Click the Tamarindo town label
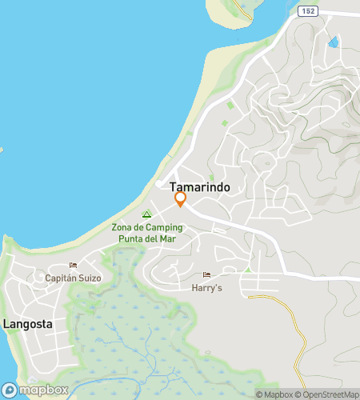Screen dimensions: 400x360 point(199,186)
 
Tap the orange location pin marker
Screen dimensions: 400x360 point(181,199)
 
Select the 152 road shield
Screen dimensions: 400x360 point(308,11)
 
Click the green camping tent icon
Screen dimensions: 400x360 point(146,214)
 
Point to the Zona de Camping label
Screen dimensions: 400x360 point(147,227)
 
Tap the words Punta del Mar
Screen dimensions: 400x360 point(147,238)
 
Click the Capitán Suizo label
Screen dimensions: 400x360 point(73,278)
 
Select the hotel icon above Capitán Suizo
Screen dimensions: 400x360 point(73,266)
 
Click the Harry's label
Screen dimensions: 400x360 point(207,287)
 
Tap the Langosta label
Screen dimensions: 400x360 point(27,325)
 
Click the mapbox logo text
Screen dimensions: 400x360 point(43,390)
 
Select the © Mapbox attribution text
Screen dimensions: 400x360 point(274,394)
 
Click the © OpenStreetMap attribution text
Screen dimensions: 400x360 point(327,394)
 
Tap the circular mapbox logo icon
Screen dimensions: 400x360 point(10,390)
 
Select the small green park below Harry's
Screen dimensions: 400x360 point(247,270)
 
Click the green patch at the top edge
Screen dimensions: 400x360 point(240,8)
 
